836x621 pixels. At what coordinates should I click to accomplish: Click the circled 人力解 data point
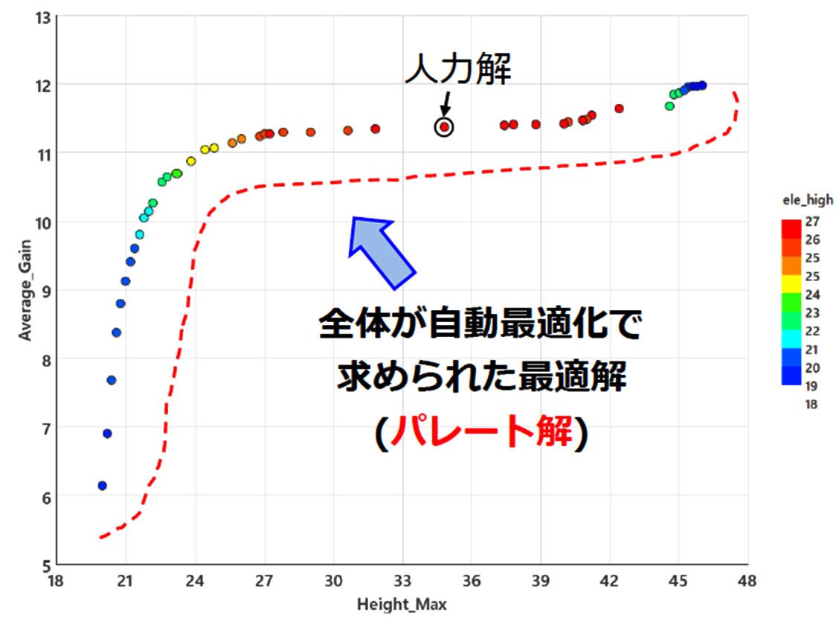click(444, 127)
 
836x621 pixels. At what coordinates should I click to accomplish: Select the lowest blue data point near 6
click(103, 486)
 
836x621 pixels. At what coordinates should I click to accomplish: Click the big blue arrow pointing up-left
click(380, 250)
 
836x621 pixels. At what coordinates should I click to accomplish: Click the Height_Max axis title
click(402, 604)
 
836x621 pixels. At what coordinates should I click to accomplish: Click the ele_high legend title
click(807, 199)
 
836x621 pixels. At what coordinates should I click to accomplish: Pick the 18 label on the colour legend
click(811, 405)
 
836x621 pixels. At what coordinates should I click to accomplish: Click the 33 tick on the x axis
click(402, 580)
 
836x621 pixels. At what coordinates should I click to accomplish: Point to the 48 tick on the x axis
click(747, 580)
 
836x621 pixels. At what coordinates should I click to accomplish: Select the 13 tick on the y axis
click(42, 17)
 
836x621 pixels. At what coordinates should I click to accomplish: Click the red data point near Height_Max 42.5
click(619, 109)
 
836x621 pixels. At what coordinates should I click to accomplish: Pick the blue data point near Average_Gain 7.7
click(112, 380)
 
